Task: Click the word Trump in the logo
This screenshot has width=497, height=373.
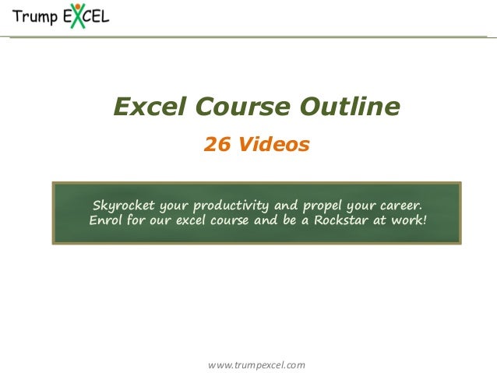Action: click(x=34, y=17)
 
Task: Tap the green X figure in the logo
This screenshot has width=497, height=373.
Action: click(x=76, y=16)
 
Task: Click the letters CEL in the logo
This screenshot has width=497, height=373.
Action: click(x=97, y=17)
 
